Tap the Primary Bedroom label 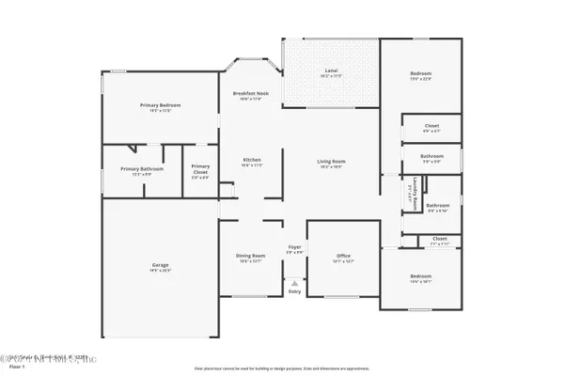[x=161, y=105]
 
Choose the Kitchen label [x=252, y=159]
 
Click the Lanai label [x=331, y=71]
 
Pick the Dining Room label [x=250, y=255]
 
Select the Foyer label [x=294, y=247]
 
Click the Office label [x=343, y=256]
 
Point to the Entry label [x=294, y=291]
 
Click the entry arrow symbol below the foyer [x=294, y=282]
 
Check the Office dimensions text [x=343, y=261]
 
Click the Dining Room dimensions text [x=250, y=260]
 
